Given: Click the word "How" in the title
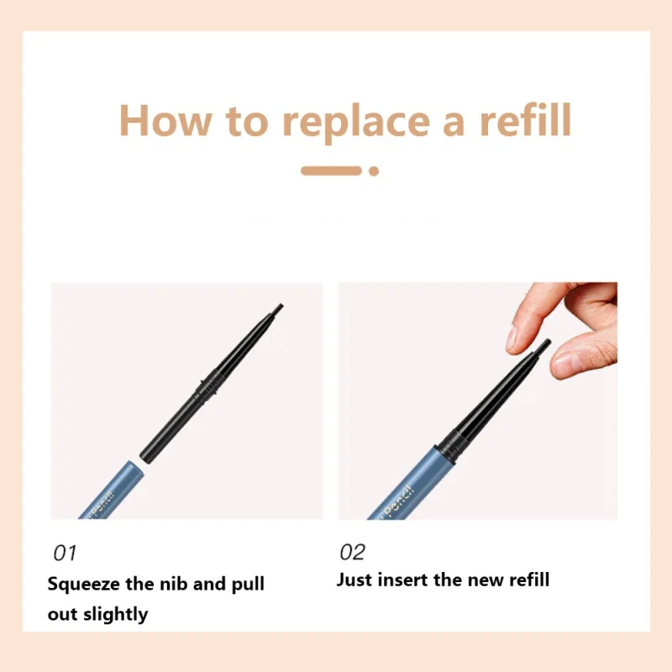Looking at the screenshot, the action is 165,120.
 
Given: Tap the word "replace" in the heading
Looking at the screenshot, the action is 356,124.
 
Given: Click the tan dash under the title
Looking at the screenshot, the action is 331,171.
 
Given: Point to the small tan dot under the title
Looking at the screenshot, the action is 374,171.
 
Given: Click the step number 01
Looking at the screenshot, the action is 65,553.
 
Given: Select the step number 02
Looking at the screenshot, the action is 352,552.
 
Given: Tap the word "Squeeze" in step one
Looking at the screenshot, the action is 83,585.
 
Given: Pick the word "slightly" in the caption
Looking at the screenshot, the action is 116,615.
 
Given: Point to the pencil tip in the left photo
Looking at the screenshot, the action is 279,307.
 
